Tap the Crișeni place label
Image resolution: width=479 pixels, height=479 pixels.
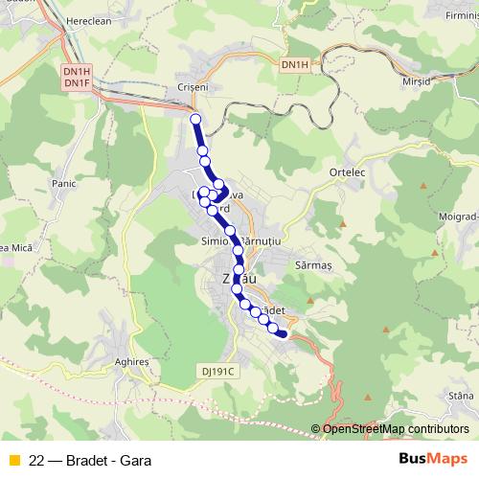pyautogui.click(x=194, y=85)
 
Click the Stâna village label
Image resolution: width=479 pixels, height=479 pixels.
pyautogui.click(x=461, y=396)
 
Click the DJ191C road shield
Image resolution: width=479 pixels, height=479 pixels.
pyautogui.click(x=218, y=370)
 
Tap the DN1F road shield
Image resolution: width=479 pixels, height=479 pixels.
pyautogui.click(x=76, y=83)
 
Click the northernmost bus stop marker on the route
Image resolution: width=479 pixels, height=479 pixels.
pyautogui.click(x=195, y=119)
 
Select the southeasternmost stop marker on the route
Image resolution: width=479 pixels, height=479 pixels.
pyautogui.click(x=283, y=333)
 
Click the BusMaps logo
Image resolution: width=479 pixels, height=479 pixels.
pyautogui.click(x=432, y=459)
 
